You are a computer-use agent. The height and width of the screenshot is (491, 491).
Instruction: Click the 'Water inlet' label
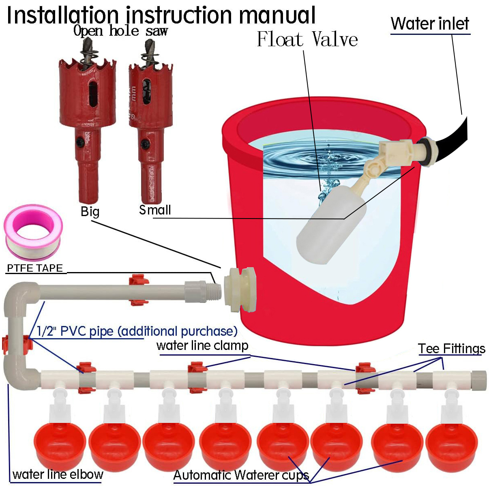430,24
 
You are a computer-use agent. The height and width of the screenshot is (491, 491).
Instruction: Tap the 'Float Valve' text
307,40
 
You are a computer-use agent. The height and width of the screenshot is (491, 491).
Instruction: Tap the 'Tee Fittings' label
451,349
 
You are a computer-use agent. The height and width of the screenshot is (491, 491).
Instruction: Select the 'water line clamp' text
202,345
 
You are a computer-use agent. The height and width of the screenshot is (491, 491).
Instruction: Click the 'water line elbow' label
58,474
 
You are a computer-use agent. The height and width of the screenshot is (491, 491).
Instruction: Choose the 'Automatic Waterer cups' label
241,475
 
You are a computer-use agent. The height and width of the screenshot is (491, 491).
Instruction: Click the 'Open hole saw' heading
120,31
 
